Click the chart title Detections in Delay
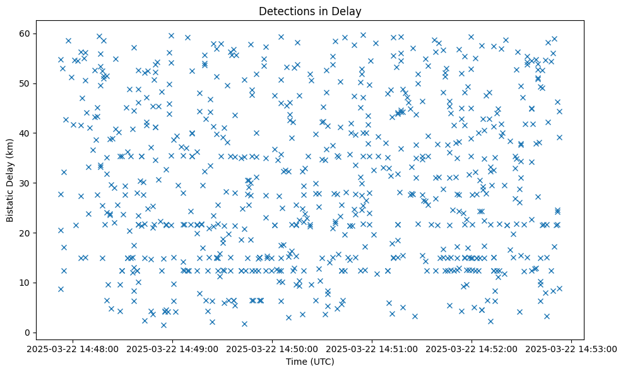(x=310, y=11)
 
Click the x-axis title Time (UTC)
(x=310, y=362)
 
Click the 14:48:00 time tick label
(x=73, y=349)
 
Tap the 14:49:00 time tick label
(x=173, y=349)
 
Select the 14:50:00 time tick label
(x=273, y=349)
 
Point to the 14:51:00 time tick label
(x=372, y=349)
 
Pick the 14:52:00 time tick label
(x=472, y=349)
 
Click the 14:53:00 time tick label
(x=572, y=349)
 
